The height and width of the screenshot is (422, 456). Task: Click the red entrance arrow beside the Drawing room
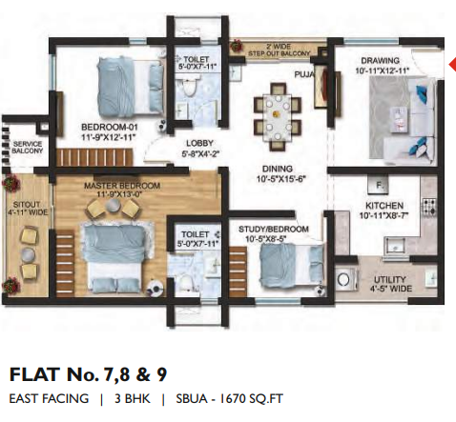click(452, 65)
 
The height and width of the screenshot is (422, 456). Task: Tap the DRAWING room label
click(380, 61)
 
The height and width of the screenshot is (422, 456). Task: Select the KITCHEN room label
click(384, 206)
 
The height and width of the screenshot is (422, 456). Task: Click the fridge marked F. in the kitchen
click(378, 185)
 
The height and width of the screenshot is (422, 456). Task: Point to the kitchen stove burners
click(429, 206)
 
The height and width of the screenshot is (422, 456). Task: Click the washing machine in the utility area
click(343, 280)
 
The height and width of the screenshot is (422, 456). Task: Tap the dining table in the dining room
click(278, 117)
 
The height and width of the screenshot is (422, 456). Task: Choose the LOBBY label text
click(199, 143)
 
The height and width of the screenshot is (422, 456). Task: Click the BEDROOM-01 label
click(110, 128)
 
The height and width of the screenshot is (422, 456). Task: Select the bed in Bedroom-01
click(130, 86)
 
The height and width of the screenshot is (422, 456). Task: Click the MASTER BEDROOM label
click(122, 186)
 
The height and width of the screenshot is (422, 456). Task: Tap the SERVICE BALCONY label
click(28, 148)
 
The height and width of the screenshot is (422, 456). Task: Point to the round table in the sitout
click(28, 253)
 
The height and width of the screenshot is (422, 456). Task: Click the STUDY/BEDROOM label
click(274, 230)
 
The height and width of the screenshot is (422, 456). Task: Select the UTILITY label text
click(389, 280)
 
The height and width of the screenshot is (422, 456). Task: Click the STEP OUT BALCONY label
click(280, 53)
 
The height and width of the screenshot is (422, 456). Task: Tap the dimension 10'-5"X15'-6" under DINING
click(280, 179)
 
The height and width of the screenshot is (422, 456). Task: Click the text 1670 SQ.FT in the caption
click(251, 399)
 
